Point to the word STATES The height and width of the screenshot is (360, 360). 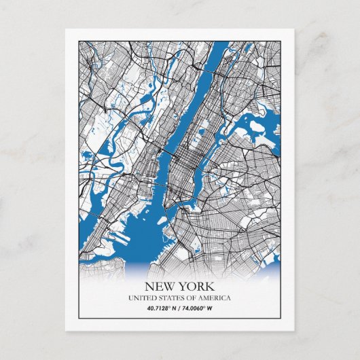170,298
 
